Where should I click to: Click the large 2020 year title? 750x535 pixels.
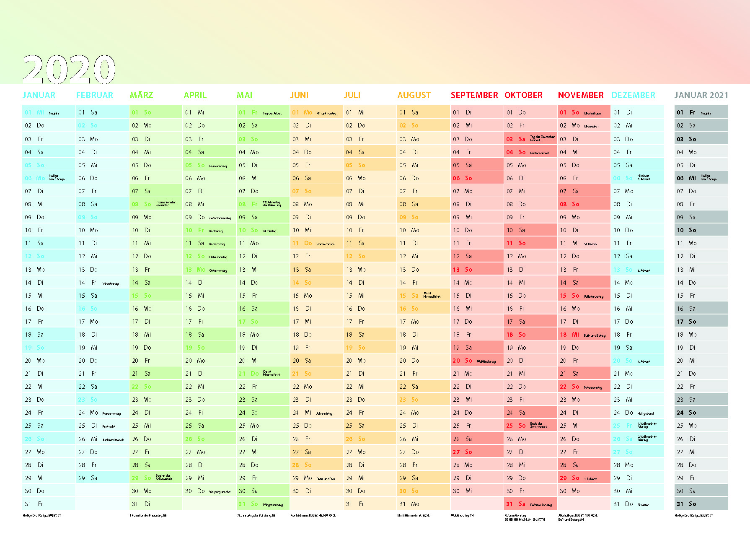pyautogui.click(x=69, y=69)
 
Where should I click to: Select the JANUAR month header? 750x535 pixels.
pyautogui.click(x=39, y=95)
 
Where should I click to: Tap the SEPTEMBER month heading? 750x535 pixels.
pyautogui.click(x=474, y=95)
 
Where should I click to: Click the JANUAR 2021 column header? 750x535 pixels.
pyautogui.click(x=701, y=95)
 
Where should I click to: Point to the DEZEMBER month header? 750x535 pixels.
pyautogui.click(x=633, y=95)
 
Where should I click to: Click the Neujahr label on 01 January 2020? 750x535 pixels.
pyautogui.click(x=54, y=113)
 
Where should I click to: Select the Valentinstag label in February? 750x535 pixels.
pyautogui.click(x=111, y=283)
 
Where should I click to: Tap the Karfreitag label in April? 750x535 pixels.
pyautogui.click(x=216, y=231)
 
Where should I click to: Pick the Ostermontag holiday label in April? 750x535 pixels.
pyautogui.click(x=218, y=270)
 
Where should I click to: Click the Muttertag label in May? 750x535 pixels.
pyautogui.click(x=269, y=231)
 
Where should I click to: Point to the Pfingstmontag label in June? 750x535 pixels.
pyautogui.click(x=326, y=113)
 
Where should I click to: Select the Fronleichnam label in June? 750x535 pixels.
pyautogui.click(x=326, y=244)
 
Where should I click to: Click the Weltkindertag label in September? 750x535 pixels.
pyautogui.click(x=486, y=361)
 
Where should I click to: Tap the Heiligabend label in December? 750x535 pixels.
pyautogui.click(x=645, y=413)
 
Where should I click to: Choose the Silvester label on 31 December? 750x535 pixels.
pyautogui.click(x=643, y=505)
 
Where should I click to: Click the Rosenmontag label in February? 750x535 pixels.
pyautogui.click(x=111, y=413)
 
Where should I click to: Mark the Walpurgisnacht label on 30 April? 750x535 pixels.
pyautogui.click(x=220, y=492)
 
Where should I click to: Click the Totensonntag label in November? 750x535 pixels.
pyautogui.click(x=593, y=387)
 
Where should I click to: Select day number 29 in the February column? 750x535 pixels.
pyautogui.click(x=82, y=478)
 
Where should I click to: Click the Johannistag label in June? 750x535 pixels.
pyautogui.click(x=324, y=413)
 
